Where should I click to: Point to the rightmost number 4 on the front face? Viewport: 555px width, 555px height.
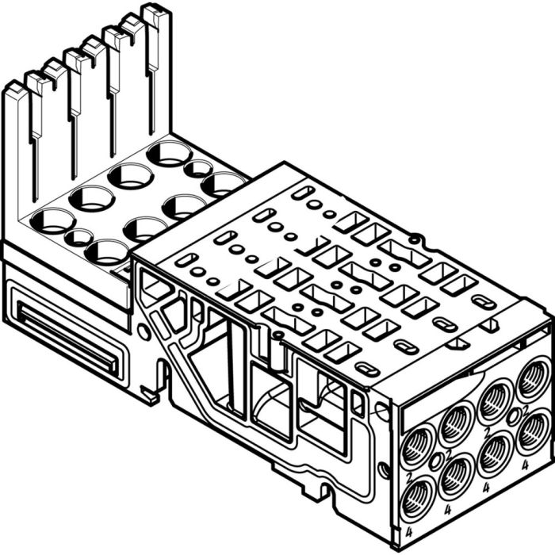click(x=526, y=467)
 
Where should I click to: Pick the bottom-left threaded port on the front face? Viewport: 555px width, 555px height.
click(x=417, y=499)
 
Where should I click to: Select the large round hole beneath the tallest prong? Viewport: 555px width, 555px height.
click(x=169, y=153)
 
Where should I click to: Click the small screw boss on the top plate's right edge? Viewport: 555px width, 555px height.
click(x=414, y=237)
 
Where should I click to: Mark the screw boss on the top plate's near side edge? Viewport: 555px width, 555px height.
click(x=280, y=335)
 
